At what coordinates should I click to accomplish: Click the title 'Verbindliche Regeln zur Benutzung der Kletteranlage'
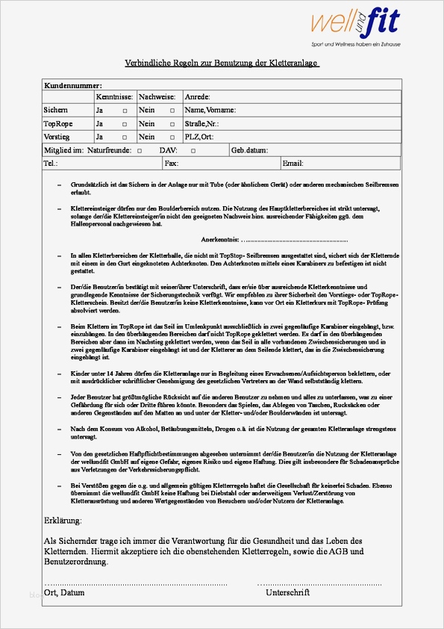click(222, 63)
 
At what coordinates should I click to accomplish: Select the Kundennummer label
click(72, 86)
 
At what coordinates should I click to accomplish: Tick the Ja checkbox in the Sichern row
click(125, 111)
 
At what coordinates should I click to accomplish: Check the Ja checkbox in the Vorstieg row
click(125, 137)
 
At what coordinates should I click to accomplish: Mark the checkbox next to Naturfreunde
click(139, 151)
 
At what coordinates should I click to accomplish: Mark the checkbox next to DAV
click(193, 151)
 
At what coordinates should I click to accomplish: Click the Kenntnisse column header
click(114, 97)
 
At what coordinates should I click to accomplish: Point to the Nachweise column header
click(157, 97)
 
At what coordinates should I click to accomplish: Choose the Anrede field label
click(197, 97)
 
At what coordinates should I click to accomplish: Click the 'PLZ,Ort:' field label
click(198, 137)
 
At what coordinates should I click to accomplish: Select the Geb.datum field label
click(249, 151)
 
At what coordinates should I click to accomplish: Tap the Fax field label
click(171, 163)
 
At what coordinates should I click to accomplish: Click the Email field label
click(293, 163)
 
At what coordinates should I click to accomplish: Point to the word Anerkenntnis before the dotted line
click(221, 240)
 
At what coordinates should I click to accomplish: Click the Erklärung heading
click(63, 520)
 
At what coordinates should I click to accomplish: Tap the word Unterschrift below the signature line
click(287, 592)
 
